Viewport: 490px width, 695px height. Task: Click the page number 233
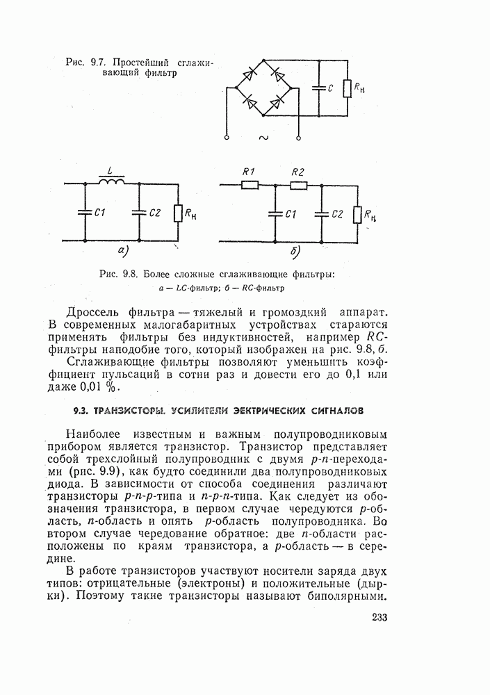click(x=379, y=618)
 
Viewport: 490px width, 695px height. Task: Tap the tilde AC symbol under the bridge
click(x=263, y=138)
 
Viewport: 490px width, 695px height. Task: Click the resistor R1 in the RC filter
click(x=250, y=185)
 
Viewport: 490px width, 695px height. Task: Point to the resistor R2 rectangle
click(x=298, y=185)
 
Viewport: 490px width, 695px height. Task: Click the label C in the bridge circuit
click(x=331, y=88)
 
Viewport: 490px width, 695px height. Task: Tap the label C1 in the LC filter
click(x=99, y=213)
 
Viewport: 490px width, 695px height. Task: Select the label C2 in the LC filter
click(x=154, y=213)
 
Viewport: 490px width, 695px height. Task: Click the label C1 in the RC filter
click(x=292, y=214)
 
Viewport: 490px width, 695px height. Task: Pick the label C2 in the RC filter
click(x=337, y=214)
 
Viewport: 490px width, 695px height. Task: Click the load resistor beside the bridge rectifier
click(x=346, y=90)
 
